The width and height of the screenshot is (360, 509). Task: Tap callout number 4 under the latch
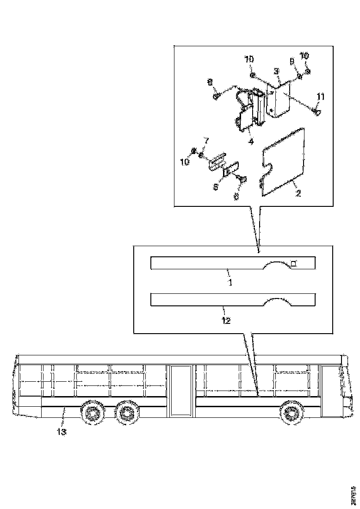(x=250, y=142)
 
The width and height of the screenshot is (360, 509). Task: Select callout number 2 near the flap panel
(x=298, y=193)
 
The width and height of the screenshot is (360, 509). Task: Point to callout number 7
(x=206, y=140)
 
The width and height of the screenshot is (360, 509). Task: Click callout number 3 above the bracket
(x=276, y=71)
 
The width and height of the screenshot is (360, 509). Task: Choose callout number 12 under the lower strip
(x=226, y=320)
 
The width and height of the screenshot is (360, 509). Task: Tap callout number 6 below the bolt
(x=236, y=196)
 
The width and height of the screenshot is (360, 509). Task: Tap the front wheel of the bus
(x=291, y=411)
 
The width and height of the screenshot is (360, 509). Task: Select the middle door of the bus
(x=180, y=389)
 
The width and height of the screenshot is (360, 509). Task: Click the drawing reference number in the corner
(x=354, y=494)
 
